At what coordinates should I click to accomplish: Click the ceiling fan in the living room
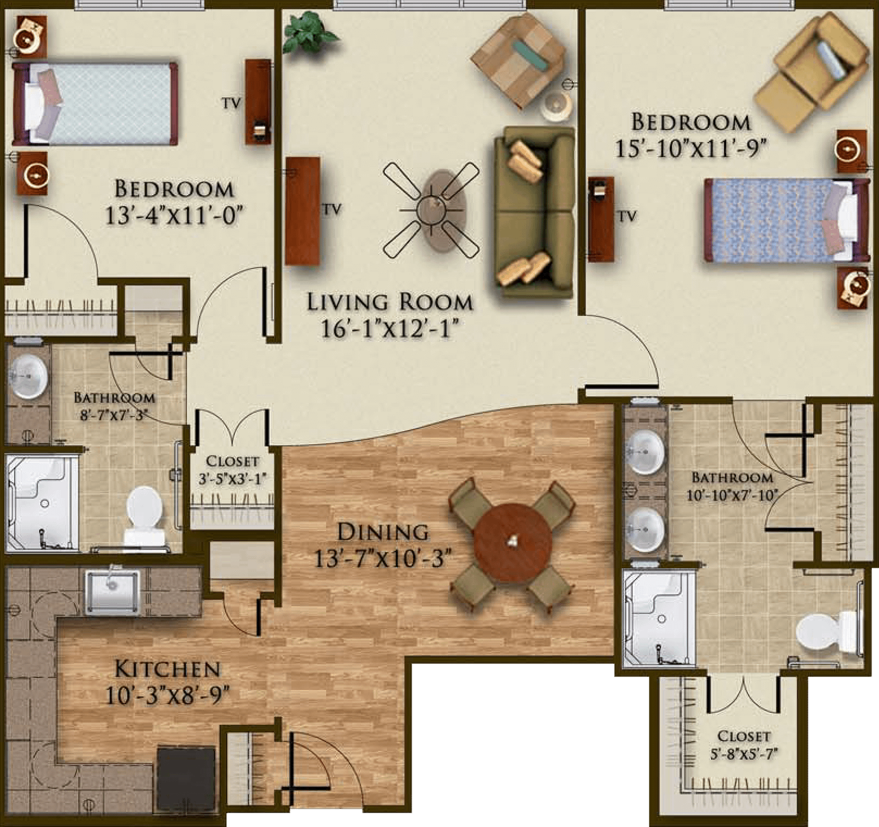click(431, 209)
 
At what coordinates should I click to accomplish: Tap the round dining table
click(513, 542)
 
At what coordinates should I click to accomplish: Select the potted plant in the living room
click(309, 32)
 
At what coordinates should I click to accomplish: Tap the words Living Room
click(390, 302)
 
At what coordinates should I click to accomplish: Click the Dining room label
click(383, 532)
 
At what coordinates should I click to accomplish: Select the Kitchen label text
click(168, 669)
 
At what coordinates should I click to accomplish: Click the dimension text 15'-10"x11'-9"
click(691, 148)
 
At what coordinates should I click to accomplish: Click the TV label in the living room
click(331, 209)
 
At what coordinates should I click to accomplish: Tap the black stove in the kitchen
click(186, 779)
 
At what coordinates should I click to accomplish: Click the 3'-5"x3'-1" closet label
click(232, 470)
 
